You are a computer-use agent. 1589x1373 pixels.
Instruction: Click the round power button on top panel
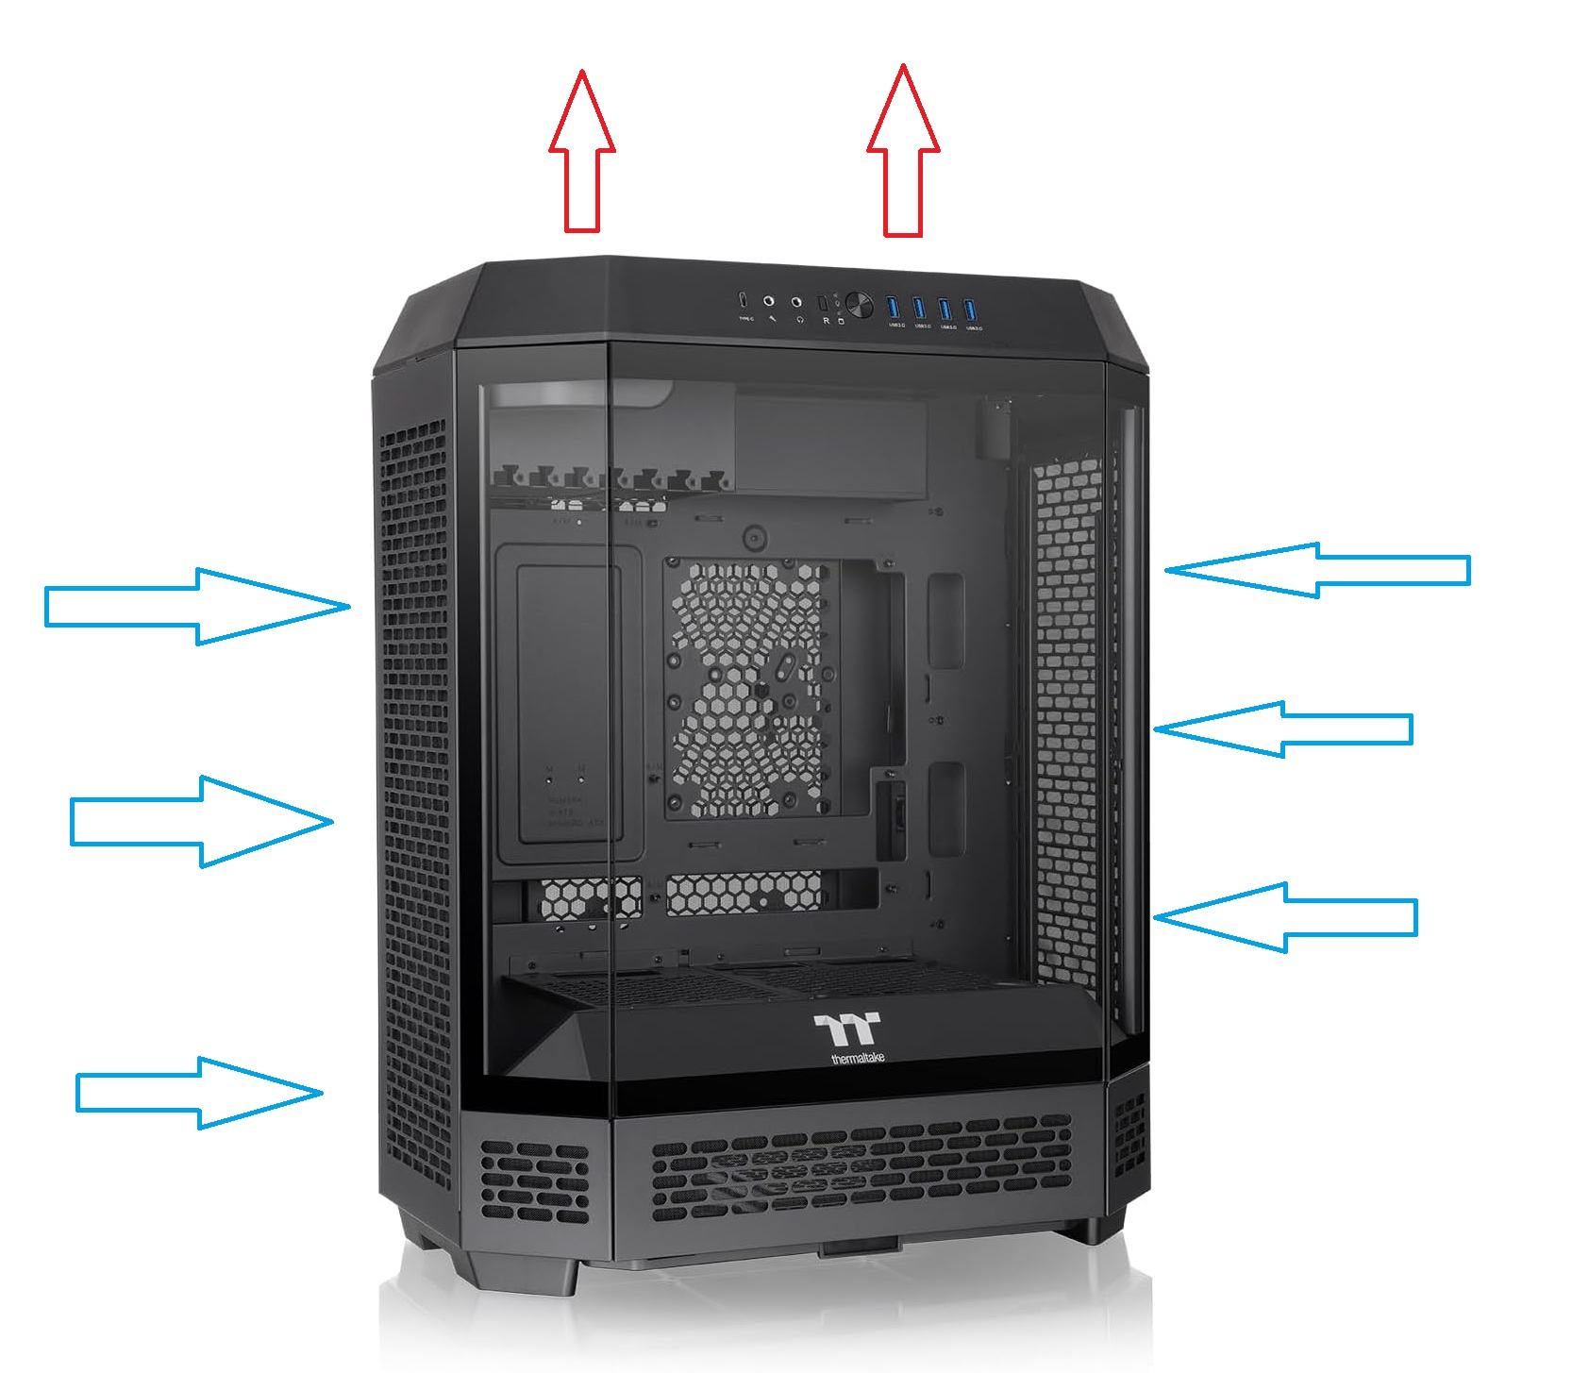coord(859,305)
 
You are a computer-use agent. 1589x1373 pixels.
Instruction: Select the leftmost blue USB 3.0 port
coord(893,307)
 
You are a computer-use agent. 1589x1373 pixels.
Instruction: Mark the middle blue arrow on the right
coord(1283,728)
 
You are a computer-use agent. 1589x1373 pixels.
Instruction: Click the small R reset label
coord(827,321)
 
